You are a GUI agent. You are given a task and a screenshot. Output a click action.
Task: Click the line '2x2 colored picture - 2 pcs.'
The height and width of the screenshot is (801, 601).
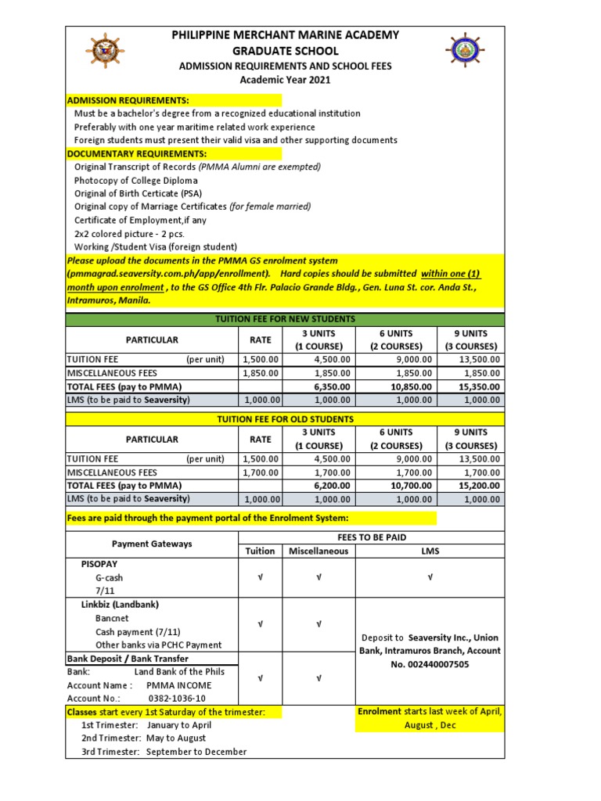click(135, 233)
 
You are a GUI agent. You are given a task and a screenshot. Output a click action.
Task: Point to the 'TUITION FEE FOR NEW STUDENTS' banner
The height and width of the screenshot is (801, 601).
click(285, 319)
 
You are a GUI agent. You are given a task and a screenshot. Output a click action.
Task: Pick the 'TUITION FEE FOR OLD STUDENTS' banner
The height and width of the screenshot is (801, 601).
click(285, 419)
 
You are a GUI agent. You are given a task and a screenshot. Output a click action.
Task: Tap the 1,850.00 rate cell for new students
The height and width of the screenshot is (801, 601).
click(260, 373)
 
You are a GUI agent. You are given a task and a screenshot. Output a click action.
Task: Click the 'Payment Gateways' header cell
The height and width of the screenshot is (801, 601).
click(151, 544)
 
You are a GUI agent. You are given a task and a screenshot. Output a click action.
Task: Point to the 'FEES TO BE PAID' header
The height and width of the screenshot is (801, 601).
click(371, 537)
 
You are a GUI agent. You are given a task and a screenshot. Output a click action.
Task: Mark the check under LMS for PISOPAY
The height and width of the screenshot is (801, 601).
click(430, 577)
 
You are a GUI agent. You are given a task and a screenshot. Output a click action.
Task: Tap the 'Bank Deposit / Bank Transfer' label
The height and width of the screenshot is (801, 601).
click(127, 659)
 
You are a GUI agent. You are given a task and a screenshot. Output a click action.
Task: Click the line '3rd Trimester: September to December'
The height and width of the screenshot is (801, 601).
click(164, 752)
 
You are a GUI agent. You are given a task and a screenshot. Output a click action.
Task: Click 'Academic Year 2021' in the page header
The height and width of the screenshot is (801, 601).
click(285, 80)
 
